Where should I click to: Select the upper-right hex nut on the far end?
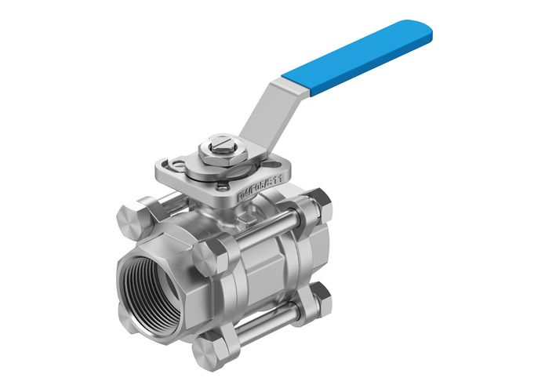point(321,205)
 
